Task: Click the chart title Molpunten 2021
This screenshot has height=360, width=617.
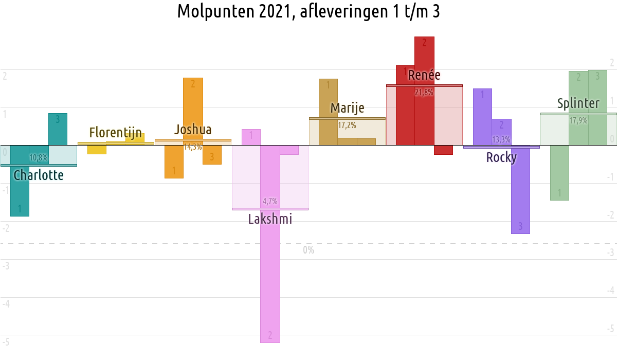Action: (x=308, y=11)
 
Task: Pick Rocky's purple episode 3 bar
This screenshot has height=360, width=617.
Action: (x=520, y=195)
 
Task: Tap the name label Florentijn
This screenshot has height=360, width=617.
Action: (x=116, y=133)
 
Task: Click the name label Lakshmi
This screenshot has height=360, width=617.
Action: (x=270, y=219)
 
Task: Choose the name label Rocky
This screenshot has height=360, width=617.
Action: (x=501, y=157)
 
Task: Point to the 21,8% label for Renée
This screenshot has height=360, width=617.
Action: (x=424, y=93)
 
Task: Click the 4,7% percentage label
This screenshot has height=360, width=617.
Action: (x=270, y=201)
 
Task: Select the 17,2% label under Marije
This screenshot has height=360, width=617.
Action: (x=347, y=125)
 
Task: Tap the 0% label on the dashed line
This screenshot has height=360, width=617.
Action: (x=308, y=250)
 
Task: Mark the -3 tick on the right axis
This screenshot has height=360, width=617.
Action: (x=611, y=252)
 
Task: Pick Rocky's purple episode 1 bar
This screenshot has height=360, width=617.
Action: (x=482, y=116)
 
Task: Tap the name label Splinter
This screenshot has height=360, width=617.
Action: (x=578, y=104)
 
